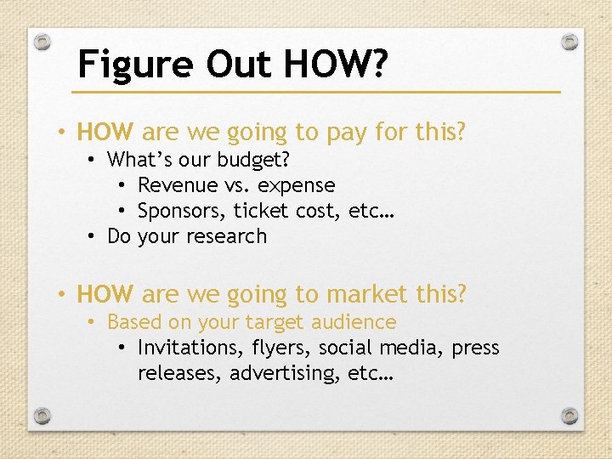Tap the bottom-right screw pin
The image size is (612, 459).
pos(571,416)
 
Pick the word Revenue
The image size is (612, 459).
pos(177,185)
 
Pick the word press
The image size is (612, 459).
pos(475,348)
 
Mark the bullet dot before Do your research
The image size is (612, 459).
pos(91,237)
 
